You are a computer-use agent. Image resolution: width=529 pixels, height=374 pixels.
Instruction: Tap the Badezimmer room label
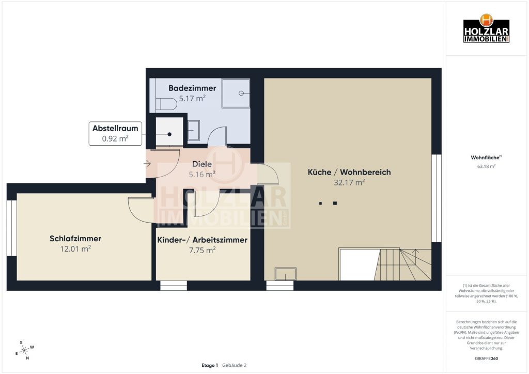(192, 88)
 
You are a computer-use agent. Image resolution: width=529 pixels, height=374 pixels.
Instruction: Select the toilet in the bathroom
(166, 104)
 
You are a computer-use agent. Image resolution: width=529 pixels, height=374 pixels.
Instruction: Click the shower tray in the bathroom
(236, 93)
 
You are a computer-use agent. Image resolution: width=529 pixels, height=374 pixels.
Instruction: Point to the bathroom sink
(194, 131)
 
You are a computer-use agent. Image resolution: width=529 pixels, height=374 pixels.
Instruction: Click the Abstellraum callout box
(115, 134)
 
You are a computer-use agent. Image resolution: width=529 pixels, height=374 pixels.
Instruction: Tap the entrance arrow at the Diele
(147, 164)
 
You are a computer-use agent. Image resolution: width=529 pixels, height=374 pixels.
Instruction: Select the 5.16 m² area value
(202, 174)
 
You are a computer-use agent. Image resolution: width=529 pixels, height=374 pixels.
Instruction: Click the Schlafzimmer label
(75, 239)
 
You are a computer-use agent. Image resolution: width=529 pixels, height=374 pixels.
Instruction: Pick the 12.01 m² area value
(75, 248)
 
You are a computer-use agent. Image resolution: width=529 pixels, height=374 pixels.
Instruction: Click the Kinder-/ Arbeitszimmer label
(202, 240)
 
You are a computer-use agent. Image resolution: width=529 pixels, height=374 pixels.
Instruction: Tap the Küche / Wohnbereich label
(349, 172)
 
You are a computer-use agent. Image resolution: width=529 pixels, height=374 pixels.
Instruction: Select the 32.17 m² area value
(349, 182)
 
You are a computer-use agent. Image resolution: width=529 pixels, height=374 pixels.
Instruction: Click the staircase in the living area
(403, 264)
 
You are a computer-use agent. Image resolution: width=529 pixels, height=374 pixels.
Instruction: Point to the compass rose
(25, 350)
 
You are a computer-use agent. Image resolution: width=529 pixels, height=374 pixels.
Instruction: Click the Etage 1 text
(210, 365)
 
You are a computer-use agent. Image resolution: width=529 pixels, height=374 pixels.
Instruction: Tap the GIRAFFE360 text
(486, 359)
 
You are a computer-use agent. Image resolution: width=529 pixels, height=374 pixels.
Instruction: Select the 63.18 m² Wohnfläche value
(486, 166)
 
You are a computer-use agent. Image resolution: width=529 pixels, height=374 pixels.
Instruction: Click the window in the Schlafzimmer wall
(12, 228)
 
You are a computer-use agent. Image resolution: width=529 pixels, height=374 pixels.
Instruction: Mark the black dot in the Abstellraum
(169, 134)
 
